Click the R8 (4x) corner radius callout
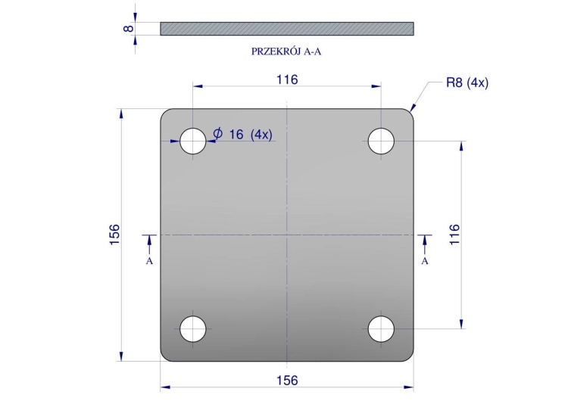pyautogui.click(x=467, y=83)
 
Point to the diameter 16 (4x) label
pyautogui.click(x=242, y=134)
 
